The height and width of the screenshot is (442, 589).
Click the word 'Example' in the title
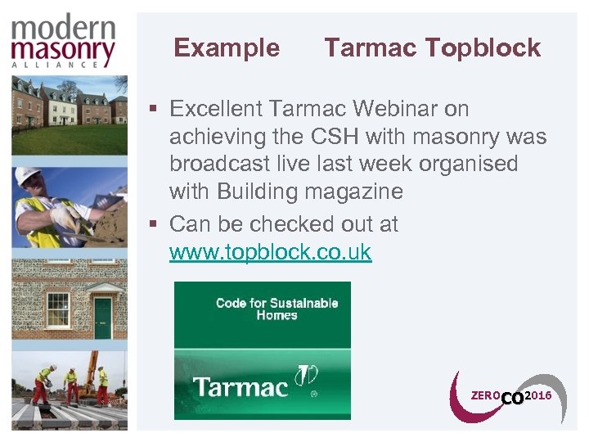(227, 48)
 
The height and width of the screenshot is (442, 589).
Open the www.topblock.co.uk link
(270, 252)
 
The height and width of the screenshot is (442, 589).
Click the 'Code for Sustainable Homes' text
(277, 309)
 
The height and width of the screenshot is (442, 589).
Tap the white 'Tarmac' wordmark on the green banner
(241, 386)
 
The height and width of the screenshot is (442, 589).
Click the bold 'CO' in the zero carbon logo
(511, 399)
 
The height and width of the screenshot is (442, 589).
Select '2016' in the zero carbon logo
(537, 396)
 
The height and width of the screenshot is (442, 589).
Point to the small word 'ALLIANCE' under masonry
(64, 65)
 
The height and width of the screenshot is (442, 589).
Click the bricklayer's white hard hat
(29, 176)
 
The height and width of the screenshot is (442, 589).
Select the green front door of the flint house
(102, 318)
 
